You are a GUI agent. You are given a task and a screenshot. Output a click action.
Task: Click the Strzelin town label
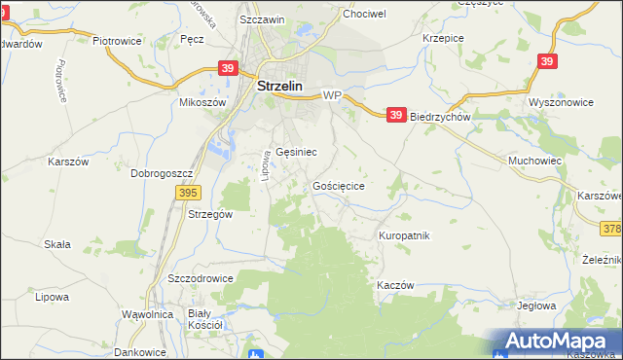pos(279,86)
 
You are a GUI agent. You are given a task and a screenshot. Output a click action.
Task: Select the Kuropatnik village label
pos(403,235)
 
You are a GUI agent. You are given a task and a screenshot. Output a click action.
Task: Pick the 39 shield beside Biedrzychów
pos(395,115)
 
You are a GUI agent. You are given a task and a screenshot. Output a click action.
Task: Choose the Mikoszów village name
pos(202,102)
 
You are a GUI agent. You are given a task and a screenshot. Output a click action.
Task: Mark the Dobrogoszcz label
pos(163,173)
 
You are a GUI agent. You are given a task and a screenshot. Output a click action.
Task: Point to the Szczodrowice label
pos(201,277)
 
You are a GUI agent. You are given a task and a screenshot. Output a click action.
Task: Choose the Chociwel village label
pos(364,15)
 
